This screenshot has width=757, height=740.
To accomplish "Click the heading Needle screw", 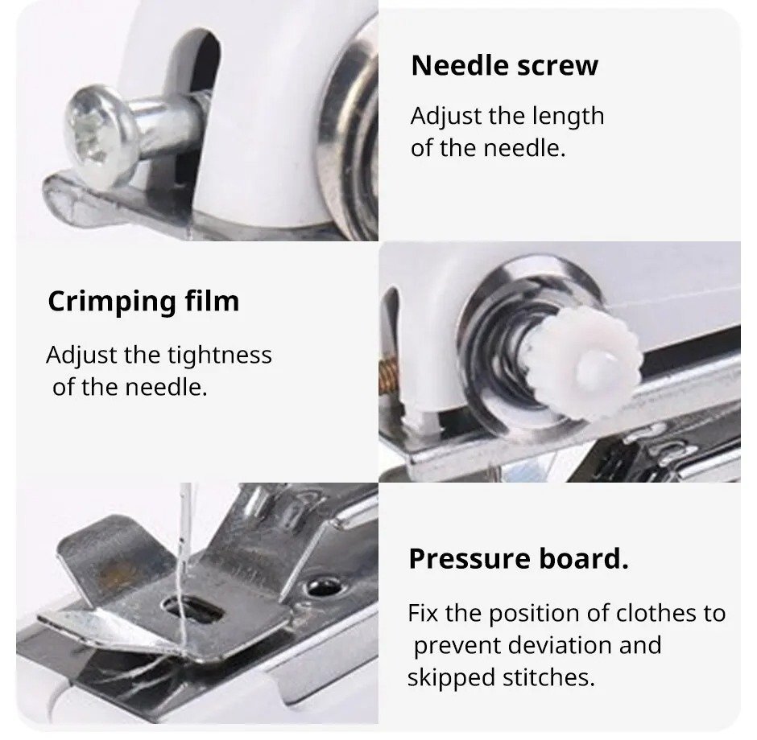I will point(504,66).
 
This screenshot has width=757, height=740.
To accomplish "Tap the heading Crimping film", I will point(143,301).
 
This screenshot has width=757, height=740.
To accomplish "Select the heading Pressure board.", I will point(518,558).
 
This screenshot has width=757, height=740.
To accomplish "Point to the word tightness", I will point(220,355).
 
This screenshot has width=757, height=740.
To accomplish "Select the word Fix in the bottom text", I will point(423,613).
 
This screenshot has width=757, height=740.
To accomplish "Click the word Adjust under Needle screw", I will point(441,116).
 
